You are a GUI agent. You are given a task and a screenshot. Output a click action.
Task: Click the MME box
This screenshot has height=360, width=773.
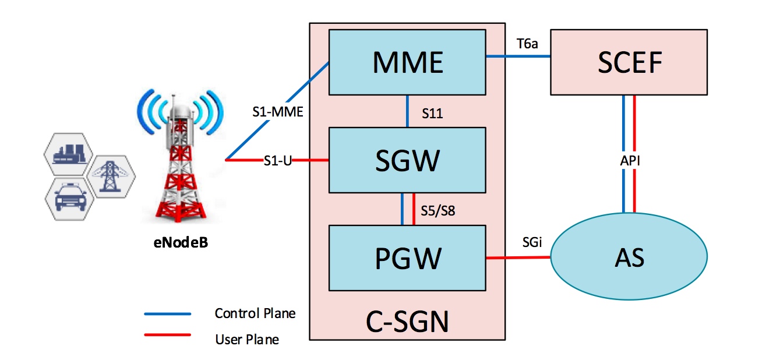tap(407, 62)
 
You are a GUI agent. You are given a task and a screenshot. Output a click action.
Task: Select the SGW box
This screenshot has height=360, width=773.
tap(407, 160)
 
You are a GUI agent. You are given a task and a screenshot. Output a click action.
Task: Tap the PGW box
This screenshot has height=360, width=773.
tap(407, 258)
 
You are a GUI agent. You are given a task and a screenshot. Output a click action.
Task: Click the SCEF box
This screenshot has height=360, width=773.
tap(629, 62)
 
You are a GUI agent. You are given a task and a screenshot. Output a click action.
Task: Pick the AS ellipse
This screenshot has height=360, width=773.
tap(629, 256)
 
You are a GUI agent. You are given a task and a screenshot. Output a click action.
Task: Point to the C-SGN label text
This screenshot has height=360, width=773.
tap(407, 322)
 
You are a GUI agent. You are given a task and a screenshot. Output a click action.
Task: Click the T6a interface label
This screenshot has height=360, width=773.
tap(527, 44)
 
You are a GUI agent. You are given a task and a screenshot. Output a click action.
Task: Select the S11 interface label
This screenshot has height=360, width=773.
tap(432, 113)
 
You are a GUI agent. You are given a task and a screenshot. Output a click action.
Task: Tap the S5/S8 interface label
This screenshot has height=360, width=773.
tap(438, 210)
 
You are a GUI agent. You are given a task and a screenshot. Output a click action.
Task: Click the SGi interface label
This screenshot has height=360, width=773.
tap(532, 242)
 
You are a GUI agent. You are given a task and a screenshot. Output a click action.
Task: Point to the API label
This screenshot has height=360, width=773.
tap(630, 161)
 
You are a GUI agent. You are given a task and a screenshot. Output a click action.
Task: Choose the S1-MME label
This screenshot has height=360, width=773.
tap(278, 112)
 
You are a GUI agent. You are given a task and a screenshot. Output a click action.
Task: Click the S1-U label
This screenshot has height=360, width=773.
tap(278, 161)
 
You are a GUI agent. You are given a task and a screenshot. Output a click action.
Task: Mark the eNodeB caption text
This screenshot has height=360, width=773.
tap(181, 243)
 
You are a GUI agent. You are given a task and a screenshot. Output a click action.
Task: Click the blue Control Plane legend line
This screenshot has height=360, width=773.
tap(168, 314)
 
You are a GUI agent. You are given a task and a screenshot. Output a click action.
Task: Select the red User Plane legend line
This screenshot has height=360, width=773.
tap(168, 335)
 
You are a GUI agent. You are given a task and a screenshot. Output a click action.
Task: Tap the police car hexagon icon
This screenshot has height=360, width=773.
tap(70, 199)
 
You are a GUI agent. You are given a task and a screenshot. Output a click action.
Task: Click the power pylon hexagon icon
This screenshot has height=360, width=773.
tap(111, 177)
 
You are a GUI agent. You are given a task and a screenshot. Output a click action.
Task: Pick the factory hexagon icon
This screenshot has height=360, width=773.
tap(69, 154)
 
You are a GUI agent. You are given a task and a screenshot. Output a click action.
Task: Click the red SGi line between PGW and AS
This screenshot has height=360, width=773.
tap(518, 257)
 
